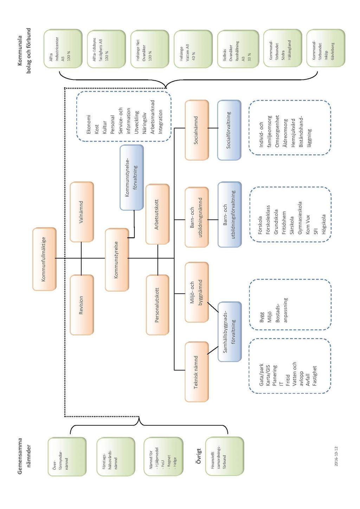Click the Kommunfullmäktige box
(x=44, y=259)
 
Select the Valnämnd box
(x=82, y=212)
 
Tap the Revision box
(x=82, y=305)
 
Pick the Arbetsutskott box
(x=157, y=214)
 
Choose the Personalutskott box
(x=157, y=305)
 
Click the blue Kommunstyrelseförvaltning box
(x=132, y=178)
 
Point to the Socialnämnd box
(x=197, y=130)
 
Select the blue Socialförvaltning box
(x=229, y=130)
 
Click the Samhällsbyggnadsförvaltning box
(x=230, y=332)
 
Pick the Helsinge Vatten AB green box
(x=193, y=49)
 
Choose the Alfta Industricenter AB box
(x=63, y=49)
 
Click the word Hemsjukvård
(x=293, y=133)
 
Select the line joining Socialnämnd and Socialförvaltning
(x=213, y=128)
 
